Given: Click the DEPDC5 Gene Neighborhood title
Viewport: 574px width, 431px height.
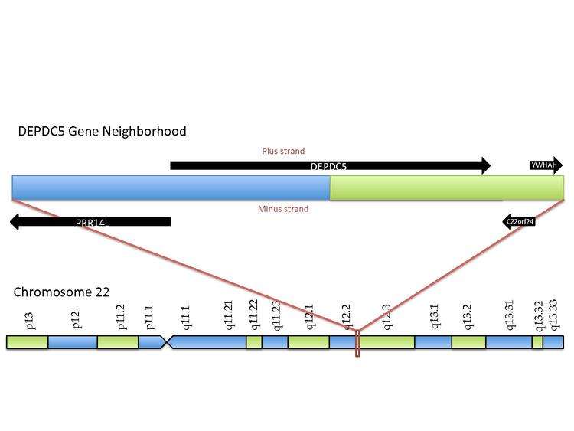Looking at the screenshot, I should coord(102,131).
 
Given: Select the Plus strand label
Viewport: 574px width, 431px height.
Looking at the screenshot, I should coord(283,152).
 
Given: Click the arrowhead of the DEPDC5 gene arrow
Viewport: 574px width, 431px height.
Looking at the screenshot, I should coord(486,165).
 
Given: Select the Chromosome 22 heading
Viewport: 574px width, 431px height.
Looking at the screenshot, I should coord(61,292).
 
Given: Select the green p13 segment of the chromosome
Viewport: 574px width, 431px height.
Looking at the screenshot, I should coord(27,342).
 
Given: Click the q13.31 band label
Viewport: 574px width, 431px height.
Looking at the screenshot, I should coord(510,315).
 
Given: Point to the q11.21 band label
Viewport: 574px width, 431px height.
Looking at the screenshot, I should coord(229,315).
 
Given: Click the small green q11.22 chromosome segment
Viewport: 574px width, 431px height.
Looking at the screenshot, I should coord(253,342).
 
